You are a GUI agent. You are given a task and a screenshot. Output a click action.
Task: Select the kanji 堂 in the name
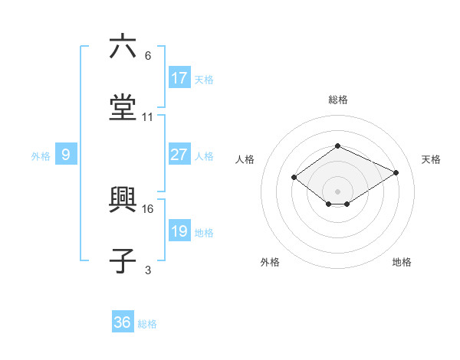[123, 106]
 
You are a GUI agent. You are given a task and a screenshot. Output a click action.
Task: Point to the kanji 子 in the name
[123, 261]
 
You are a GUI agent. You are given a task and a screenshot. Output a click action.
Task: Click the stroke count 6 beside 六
[148, 56]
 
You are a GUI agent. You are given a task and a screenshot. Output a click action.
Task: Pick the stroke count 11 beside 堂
[148, 117]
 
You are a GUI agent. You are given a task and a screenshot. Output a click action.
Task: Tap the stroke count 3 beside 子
[148, 270]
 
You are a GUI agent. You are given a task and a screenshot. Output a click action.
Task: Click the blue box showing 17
[179, 78]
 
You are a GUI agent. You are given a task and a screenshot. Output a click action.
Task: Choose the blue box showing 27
[179, 155]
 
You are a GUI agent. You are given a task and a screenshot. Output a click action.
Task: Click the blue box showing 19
[179, 231]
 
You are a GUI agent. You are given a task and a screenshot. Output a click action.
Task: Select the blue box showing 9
[66, 155]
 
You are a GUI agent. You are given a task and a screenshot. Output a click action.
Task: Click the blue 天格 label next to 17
[204, 79]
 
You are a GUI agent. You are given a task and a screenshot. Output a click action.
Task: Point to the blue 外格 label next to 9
[41, 155]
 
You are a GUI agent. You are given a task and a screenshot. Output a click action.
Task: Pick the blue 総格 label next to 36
[147, 323]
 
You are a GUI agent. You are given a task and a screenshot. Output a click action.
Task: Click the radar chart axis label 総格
[337, 100]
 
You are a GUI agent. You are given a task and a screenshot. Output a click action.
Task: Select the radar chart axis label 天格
[431, 159]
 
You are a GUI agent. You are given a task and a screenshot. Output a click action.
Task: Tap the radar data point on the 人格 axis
[294, 177]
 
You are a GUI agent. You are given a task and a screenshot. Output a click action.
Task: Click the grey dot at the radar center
[337, 191]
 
